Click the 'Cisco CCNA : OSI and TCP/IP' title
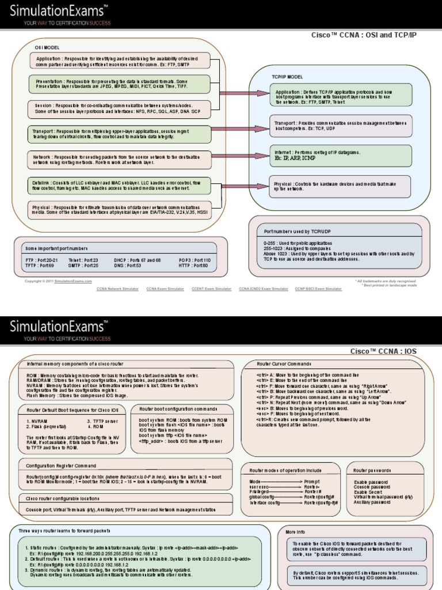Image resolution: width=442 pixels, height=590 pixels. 364,35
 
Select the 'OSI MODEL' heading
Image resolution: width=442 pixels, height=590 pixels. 47,47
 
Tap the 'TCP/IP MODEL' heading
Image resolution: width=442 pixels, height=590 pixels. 287,77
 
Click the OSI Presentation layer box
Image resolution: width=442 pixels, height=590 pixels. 120,84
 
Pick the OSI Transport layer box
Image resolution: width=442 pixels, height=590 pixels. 120,134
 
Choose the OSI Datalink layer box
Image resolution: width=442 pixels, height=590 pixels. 120,185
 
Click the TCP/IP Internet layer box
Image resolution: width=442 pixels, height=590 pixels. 341,155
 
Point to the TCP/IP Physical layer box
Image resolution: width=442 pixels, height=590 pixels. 341,186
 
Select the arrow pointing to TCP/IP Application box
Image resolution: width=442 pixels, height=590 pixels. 245,93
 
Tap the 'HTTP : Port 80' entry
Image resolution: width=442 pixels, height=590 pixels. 193,266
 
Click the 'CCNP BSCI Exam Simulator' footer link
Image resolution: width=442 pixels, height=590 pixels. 318,289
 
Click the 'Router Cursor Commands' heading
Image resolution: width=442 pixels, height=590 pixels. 284,364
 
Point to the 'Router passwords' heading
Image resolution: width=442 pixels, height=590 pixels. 372,470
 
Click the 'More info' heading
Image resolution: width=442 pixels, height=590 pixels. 295,532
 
